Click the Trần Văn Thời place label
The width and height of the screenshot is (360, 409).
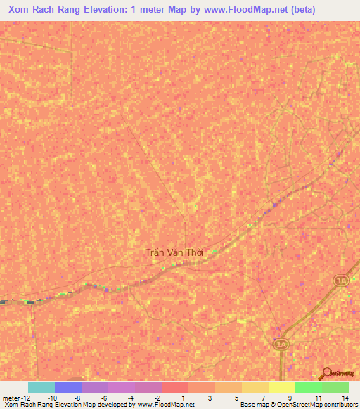pos(179,252)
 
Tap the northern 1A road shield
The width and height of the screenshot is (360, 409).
pos(342,280)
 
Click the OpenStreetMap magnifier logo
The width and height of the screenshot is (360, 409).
pos(328,373)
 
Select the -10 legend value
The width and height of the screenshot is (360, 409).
pos(52,398)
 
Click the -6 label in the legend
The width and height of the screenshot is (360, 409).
pos(103,398)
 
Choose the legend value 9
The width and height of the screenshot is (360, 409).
pos(290,398)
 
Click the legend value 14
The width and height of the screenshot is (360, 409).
pos(345,398)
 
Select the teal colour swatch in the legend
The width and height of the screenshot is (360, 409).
pos(41,387)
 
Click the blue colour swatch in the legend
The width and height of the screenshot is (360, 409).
pos(68,387)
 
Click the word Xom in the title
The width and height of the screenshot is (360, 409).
pos(20,9)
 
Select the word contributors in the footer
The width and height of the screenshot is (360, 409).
pos(341,405)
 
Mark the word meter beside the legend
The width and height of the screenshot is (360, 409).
pos(11,398)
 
